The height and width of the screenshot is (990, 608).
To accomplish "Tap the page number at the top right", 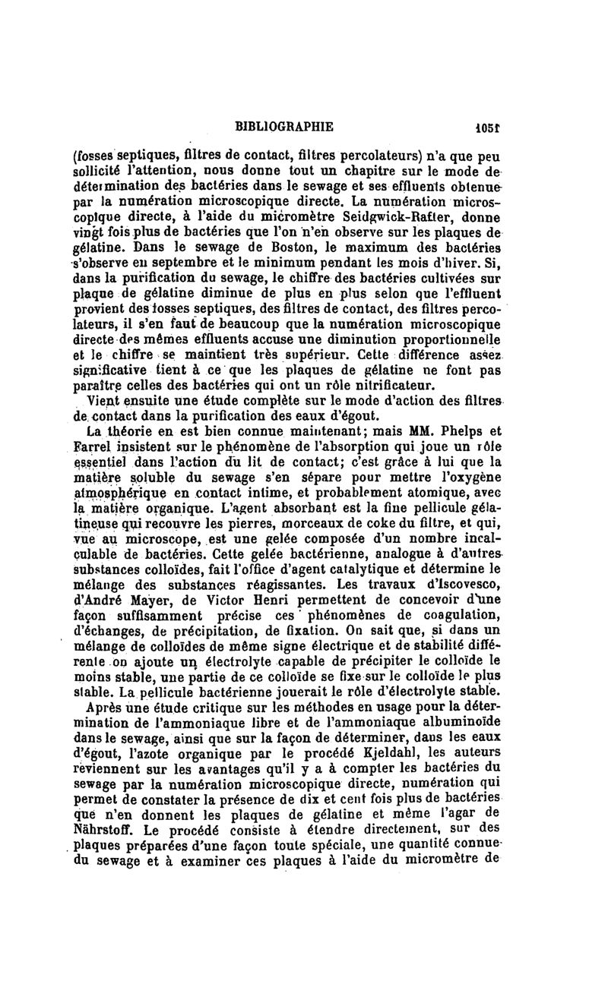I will (483, 126).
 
